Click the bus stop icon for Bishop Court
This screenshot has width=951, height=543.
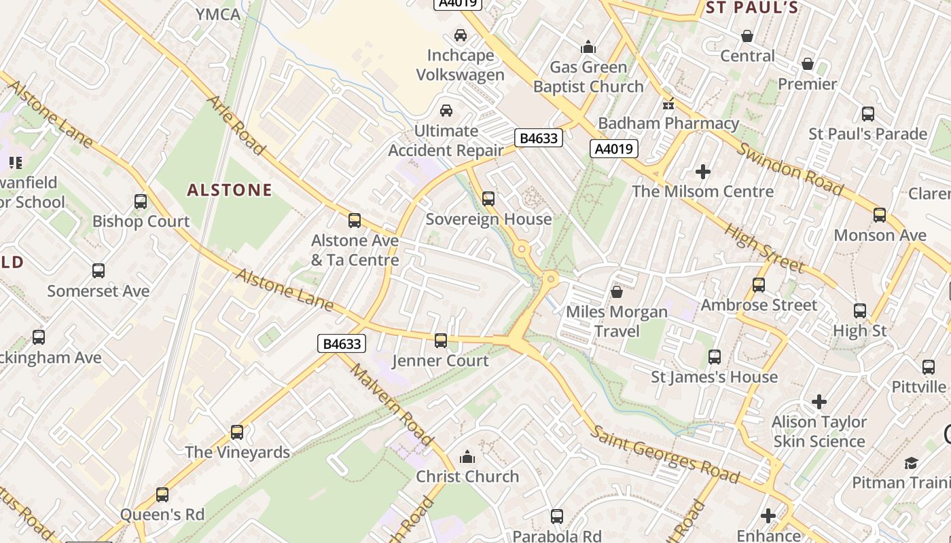click(141, 202)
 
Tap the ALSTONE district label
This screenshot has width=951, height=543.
click(230, 190)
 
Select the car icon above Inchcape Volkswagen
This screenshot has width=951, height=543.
click(461, 35)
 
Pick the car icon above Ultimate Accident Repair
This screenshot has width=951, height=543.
click(446, 111)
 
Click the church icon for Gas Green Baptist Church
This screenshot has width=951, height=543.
click(588, 47)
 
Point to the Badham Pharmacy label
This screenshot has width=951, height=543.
click(668, 124)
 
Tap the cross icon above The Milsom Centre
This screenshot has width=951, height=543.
click(703, 172)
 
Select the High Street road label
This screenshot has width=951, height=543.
click(764, 248)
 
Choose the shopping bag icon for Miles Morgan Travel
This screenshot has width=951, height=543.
click(617, 292)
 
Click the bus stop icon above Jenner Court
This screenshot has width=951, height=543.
click(441, 341)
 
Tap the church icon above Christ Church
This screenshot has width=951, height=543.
click(467, 457)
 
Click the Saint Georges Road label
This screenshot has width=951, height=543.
click(664, 454)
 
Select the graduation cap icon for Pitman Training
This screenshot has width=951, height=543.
click(910, 463)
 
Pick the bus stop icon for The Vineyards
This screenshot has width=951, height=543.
click(237, 432)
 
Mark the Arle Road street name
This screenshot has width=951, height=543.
click(235, 124)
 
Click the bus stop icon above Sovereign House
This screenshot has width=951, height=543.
click(488, 199)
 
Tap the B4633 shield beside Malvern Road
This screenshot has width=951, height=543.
click(342, 344)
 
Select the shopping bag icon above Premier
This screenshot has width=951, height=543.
click(808, 64)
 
